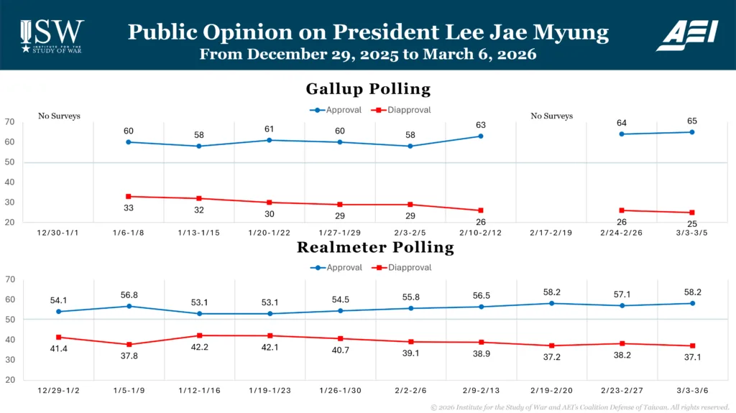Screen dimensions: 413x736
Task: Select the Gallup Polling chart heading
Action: (x=368, y=89)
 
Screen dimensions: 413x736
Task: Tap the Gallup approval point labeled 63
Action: (x=481, y=136)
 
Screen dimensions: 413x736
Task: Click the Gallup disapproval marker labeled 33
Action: (x=129, y=196)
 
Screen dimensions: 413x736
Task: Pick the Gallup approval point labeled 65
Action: (x=692, y=131)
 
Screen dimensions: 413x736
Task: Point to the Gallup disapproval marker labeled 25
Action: (x=692, y=213)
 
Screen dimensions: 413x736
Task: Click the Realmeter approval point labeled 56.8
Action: (x=129, y=306)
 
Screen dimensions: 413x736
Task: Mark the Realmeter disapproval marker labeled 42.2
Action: (x=199, y=335)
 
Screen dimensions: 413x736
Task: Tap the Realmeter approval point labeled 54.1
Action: (x=58, y=311)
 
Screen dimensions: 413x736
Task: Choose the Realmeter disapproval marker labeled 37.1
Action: (x=692, y=346)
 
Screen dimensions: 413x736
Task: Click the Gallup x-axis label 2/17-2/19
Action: (x=551, y=233)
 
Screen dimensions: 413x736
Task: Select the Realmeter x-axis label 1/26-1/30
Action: (x=340, y=391)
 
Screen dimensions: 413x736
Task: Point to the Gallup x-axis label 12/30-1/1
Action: (x=58, y=233)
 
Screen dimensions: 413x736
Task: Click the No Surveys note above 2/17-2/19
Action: (x=551, y=116)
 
